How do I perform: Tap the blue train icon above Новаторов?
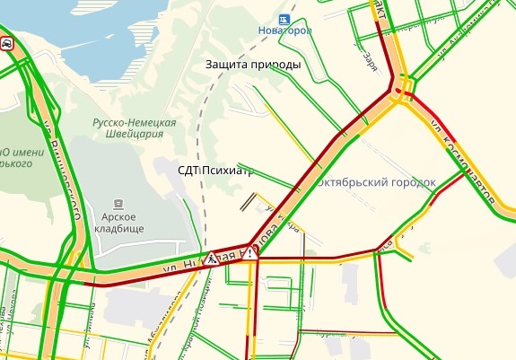click(x=284, y=17)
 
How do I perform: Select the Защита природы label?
click(x=252, y=65)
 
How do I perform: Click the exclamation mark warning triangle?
click(x=254, y=253)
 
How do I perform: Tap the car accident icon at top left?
click(x=6, y=43)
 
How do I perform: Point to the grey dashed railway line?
click(x=206, y=144)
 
